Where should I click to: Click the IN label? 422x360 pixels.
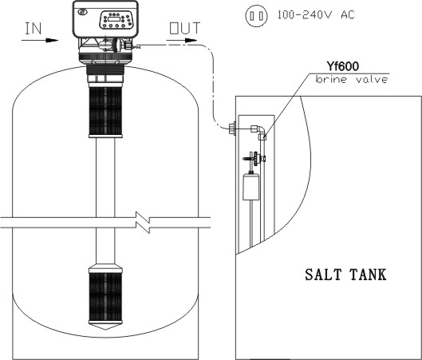[x=33, y=29]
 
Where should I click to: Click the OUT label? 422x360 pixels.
[x=184, y=28]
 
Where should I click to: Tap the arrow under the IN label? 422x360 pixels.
[x=40, y=41]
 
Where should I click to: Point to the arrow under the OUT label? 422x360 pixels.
[x=182, y=41]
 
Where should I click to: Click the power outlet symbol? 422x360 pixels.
[x=256, y=16]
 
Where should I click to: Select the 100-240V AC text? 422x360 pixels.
[x=316, y=14]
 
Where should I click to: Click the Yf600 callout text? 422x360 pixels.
[x=342, y=66]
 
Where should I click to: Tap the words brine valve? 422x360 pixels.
[x=352, y=80]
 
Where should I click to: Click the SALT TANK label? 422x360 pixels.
[x=345, y=275]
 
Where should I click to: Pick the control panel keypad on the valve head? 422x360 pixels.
[x=116, y=20]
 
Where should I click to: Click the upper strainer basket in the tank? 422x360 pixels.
[x=105, y=112]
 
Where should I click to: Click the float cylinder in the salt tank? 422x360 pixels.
[x=250, y=187]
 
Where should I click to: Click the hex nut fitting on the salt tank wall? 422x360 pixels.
[x=232, y=129]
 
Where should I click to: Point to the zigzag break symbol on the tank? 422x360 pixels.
[x=143, y=223]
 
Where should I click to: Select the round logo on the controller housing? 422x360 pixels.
[x=81, y=12]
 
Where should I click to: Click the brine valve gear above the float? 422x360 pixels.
[x=257, y=159]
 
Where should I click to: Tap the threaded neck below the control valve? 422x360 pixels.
[x=105, y=70]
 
